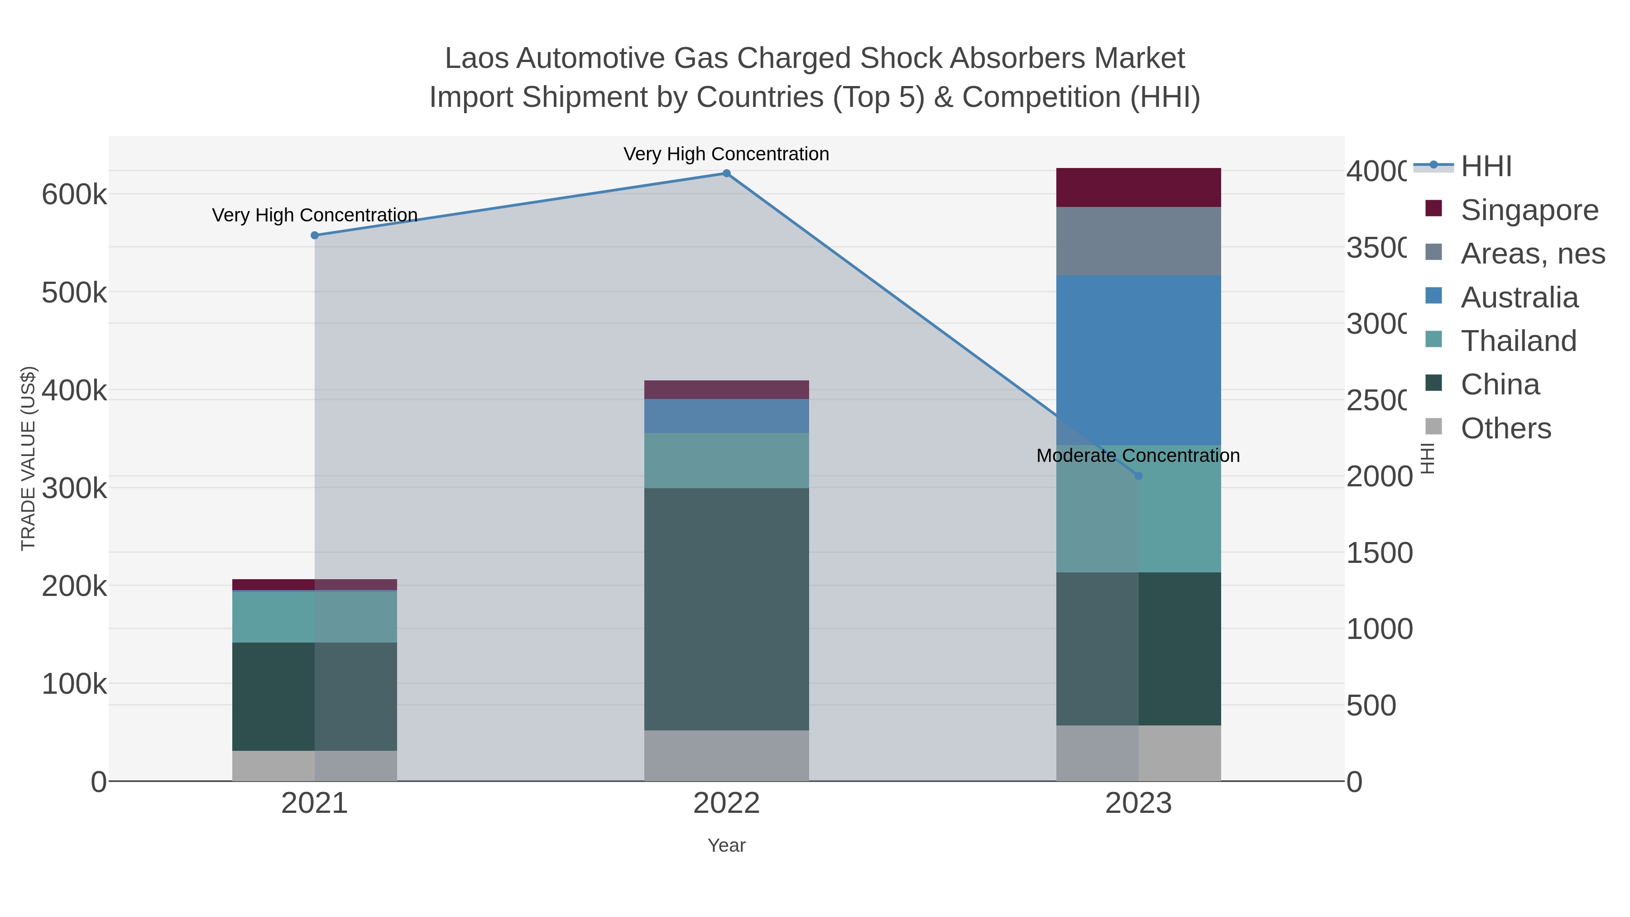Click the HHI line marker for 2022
[x=726, y=173]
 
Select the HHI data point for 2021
[x=315, y=235]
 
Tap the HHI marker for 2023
[x=1138, y=476]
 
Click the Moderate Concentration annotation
[x=1138, y=456]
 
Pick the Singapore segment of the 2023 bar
[x=1138, y=187]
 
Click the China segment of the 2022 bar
[x=726, y=609]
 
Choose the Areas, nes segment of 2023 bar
[x=1138, y=241]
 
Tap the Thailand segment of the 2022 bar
[x=726, y=460]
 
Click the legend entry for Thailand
[x=1518, y=341]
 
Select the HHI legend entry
[x=1486, y=167]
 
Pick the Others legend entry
[x=1505, y=428]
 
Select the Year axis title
[x=726, y=845]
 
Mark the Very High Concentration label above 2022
[x=726, y=154]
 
